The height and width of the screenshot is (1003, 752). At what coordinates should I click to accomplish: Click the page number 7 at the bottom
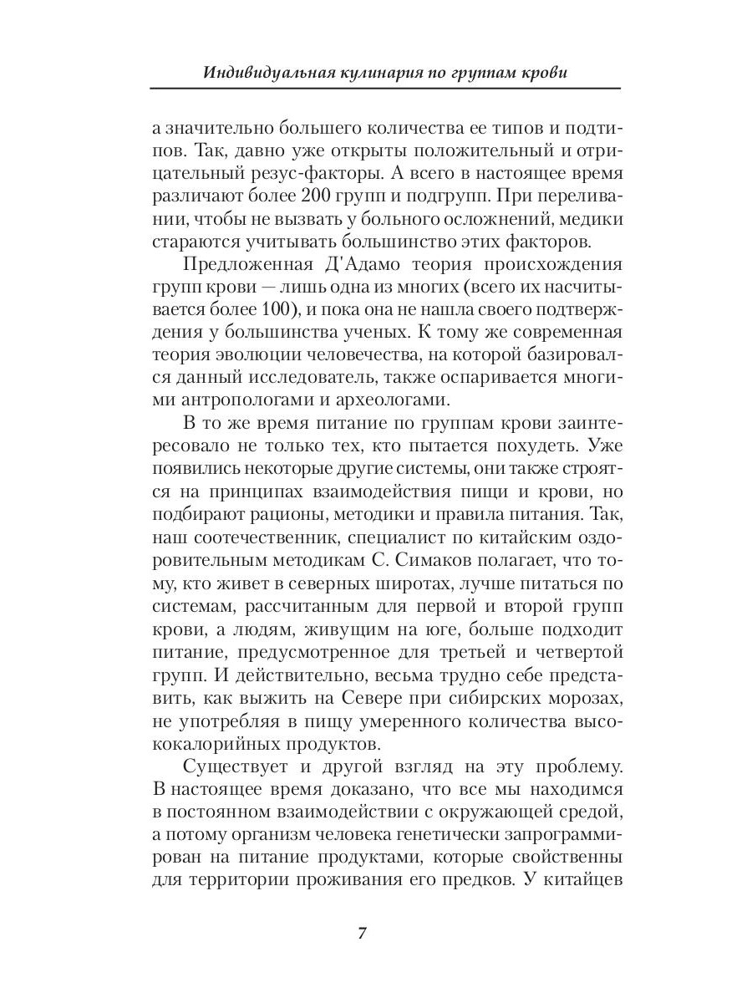[363, 934]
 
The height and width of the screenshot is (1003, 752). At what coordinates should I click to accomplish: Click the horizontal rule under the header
[384, 89]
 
